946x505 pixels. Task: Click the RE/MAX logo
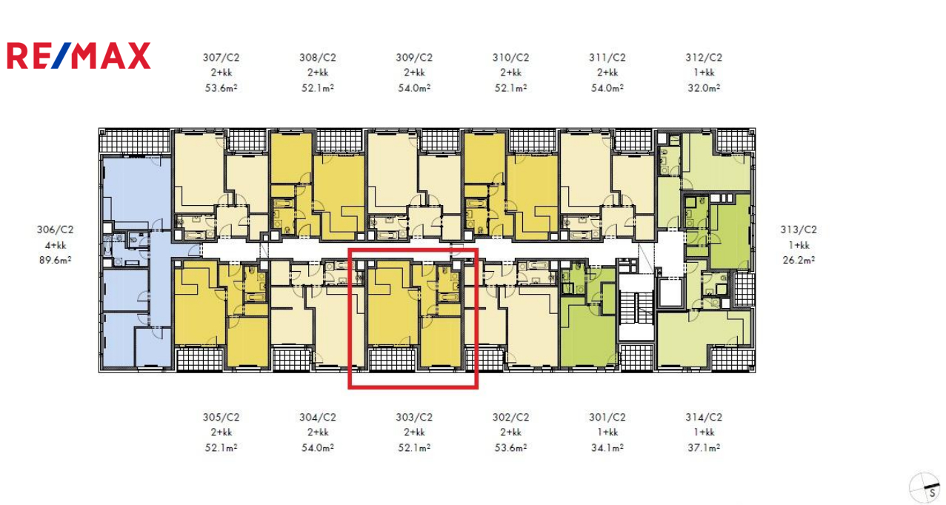point(79,56)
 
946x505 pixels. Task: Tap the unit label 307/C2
point(221,58)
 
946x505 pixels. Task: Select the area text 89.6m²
point(56,260)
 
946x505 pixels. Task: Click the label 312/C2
point(704,58)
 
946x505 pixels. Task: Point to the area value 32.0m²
point(704,88)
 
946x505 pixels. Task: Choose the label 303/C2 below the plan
point(414,417)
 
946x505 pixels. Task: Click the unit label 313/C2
point(799,230)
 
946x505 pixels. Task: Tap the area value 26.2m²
point(799,260)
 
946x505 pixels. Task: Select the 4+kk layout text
point(56,245)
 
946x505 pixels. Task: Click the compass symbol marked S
point(925,489)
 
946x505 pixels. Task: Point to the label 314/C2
point(704,417)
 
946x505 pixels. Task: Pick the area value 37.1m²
point(704,447)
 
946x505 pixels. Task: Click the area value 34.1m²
point(607,447)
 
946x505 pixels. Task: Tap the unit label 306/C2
point(56,230)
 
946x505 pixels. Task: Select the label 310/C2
point(510,58)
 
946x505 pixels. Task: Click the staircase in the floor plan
point(636,307)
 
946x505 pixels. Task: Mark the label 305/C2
point(221,417)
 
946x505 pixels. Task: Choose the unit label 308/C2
point(318,58)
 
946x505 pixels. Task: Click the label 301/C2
point(607,417)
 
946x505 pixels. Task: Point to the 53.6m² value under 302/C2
point(510,447)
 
